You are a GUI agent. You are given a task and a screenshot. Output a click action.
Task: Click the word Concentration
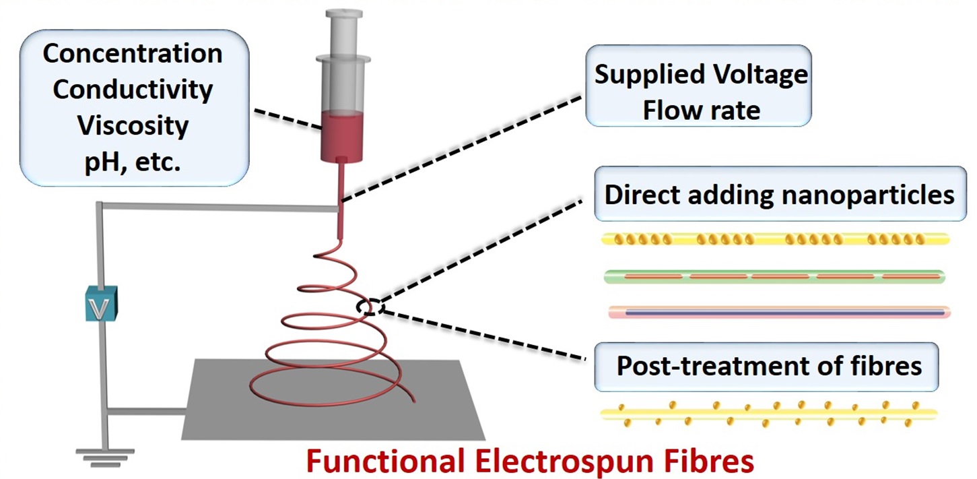(132, 55)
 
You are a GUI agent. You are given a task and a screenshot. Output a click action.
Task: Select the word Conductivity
(132, 90)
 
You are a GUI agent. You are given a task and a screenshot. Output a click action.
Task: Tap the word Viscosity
(132, 126)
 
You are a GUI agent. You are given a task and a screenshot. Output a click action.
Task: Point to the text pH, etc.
(132, 162)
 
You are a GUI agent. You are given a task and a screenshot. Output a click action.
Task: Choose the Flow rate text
(700, 109)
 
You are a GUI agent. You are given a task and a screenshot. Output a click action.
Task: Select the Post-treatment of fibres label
(768, 366)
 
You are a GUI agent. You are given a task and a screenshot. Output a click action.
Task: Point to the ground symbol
(104, 456)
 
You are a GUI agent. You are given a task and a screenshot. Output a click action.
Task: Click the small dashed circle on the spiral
(370, 307)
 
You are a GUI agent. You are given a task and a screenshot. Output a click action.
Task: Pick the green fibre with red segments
(774, 276)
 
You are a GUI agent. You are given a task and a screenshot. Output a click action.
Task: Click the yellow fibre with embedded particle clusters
(774, 239)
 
